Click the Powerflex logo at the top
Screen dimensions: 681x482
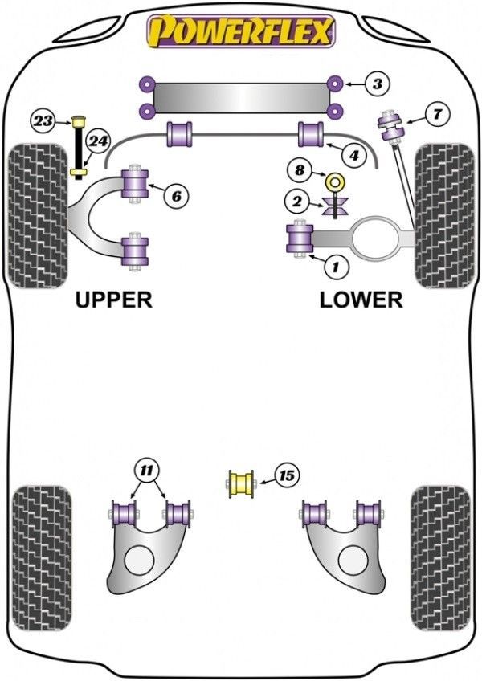pos(239,32)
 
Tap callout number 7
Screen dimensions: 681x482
pos(436,114)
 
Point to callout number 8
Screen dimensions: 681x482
pos(300,170)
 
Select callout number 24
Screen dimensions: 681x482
pos(98,142)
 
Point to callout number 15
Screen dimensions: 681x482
pos(285,475)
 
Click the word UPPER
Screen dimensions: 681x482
pos(113,300)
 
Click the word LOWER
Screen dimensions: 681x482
pos(361,300)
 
